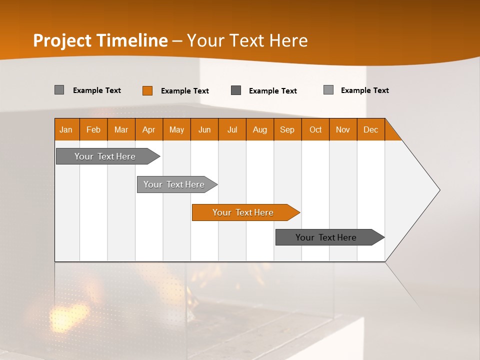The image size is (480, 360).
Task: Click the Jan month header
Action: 66,129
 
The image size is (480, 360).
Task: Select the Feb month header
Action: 93,129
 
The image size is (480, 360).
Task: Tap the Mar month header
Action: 121,129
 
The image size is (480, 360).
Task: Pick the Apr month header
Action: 149,129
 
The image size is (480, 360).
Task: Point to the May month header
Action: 176,129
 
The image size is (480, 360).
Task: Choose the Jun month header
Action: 204,129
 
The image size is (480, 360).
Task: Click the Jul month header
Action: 232,129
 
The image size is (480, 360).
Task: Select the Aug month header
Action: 260,129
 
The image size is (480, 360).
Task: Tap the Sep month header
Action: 287,129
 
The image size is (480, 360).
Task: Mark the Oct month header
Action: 315,129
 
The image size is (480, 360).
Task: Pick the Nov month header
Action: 343,129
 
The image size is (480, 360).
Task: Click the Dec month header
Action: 371,129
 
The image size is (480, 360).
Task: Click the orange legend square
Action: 147,90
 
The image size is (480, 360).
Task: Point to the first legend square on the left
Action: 59,90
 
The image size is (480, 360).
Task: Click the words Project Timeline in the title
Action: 100,40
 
